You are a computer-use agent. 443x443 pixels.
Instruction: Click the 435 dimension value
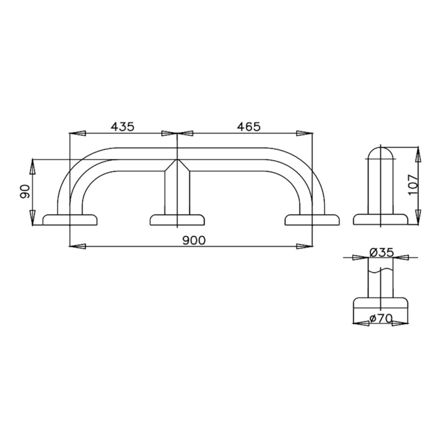(x=122, y=127)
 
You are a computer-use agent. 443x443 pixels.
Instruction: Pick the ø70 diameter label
(x=380, y=318)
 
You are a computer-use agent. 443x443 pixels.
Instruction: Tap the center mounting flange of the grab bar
(x=177, y=220)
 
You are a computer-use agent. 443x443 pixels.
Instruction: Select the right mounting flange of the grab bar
(x=312, y=220)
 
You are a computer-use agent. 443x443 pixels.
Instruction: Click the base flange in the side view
(x=381, y=220)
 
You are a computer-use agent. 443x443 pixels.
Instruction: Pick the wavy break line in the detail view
(x=381, y=271)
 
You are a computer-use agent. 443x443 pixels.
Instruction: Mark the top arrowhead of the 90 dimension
(x=32, y=166)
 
